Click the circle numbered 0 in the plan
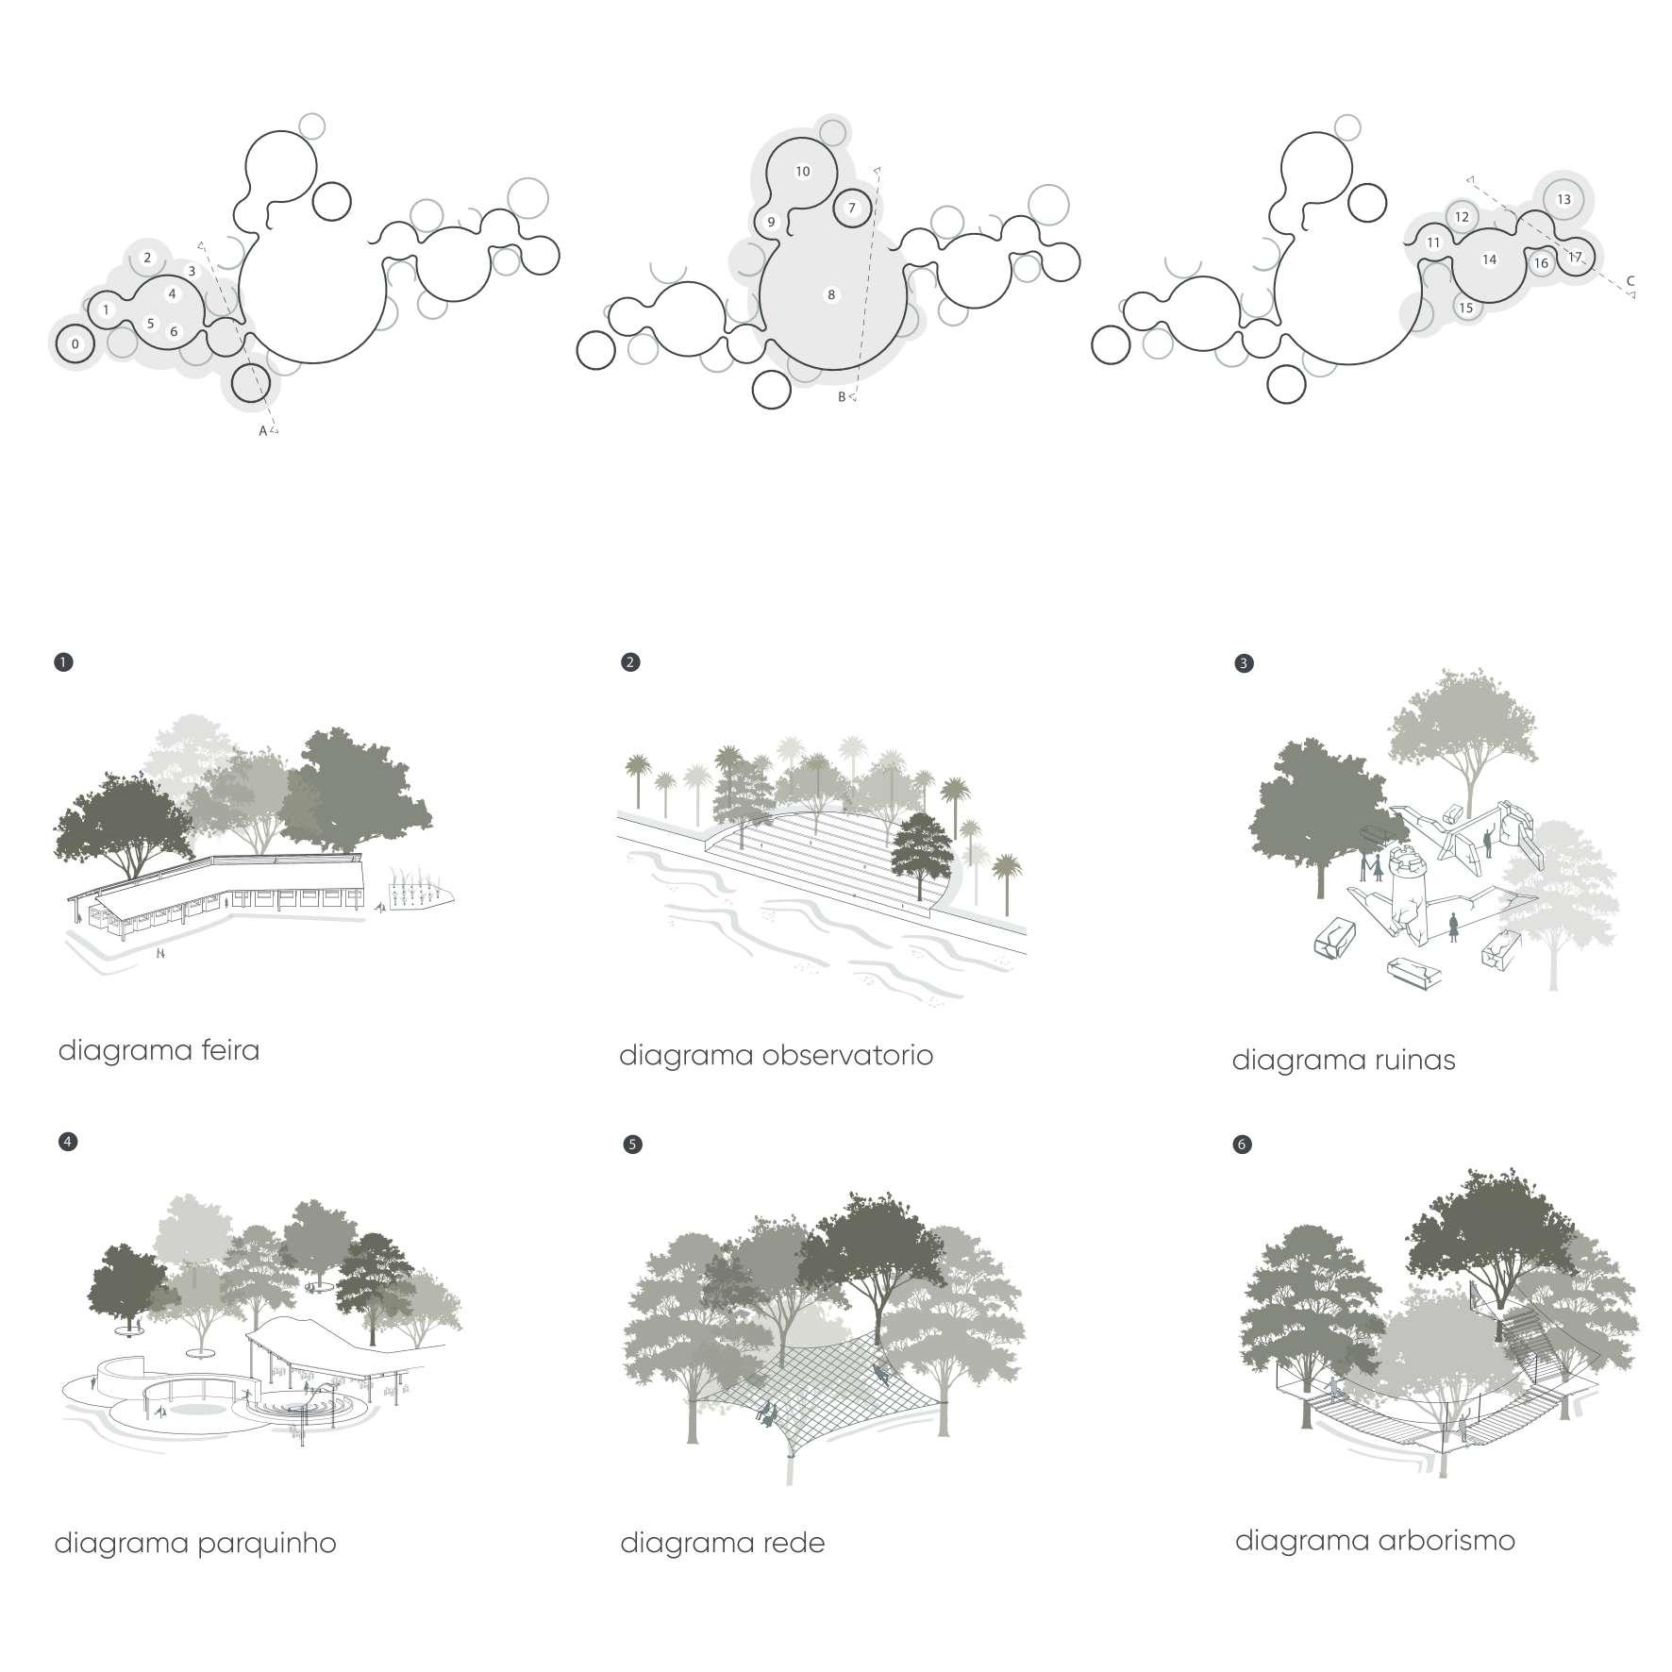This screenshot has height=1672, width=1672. click(75, 344)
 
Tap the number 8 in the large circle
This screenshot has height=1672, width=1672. click(831, 295)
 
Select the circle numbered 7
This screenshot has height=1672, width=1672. click(852, 208)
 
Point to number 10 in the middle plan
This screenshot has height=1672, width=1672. click(803, 172)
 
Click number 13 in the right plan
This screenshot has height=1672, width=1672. click(1563, 199)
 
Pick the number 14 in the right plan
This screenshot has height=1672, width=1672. click(1489, 259)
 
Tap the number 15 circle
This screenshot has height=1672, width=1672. click(1465, 308)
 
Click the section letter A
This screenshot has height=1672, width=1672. click(263, 431)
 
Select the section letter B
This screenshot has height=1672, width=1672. click(842, 397)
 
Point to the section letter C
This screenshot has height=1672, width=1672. click(1630, 280)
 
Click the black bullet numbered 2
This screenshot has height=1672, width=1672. click(631, 662)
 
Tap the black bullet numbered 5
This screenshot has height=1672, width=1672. click(633, 1145)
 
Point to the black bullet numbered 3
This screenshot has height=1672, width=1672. click(1244, 663)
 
